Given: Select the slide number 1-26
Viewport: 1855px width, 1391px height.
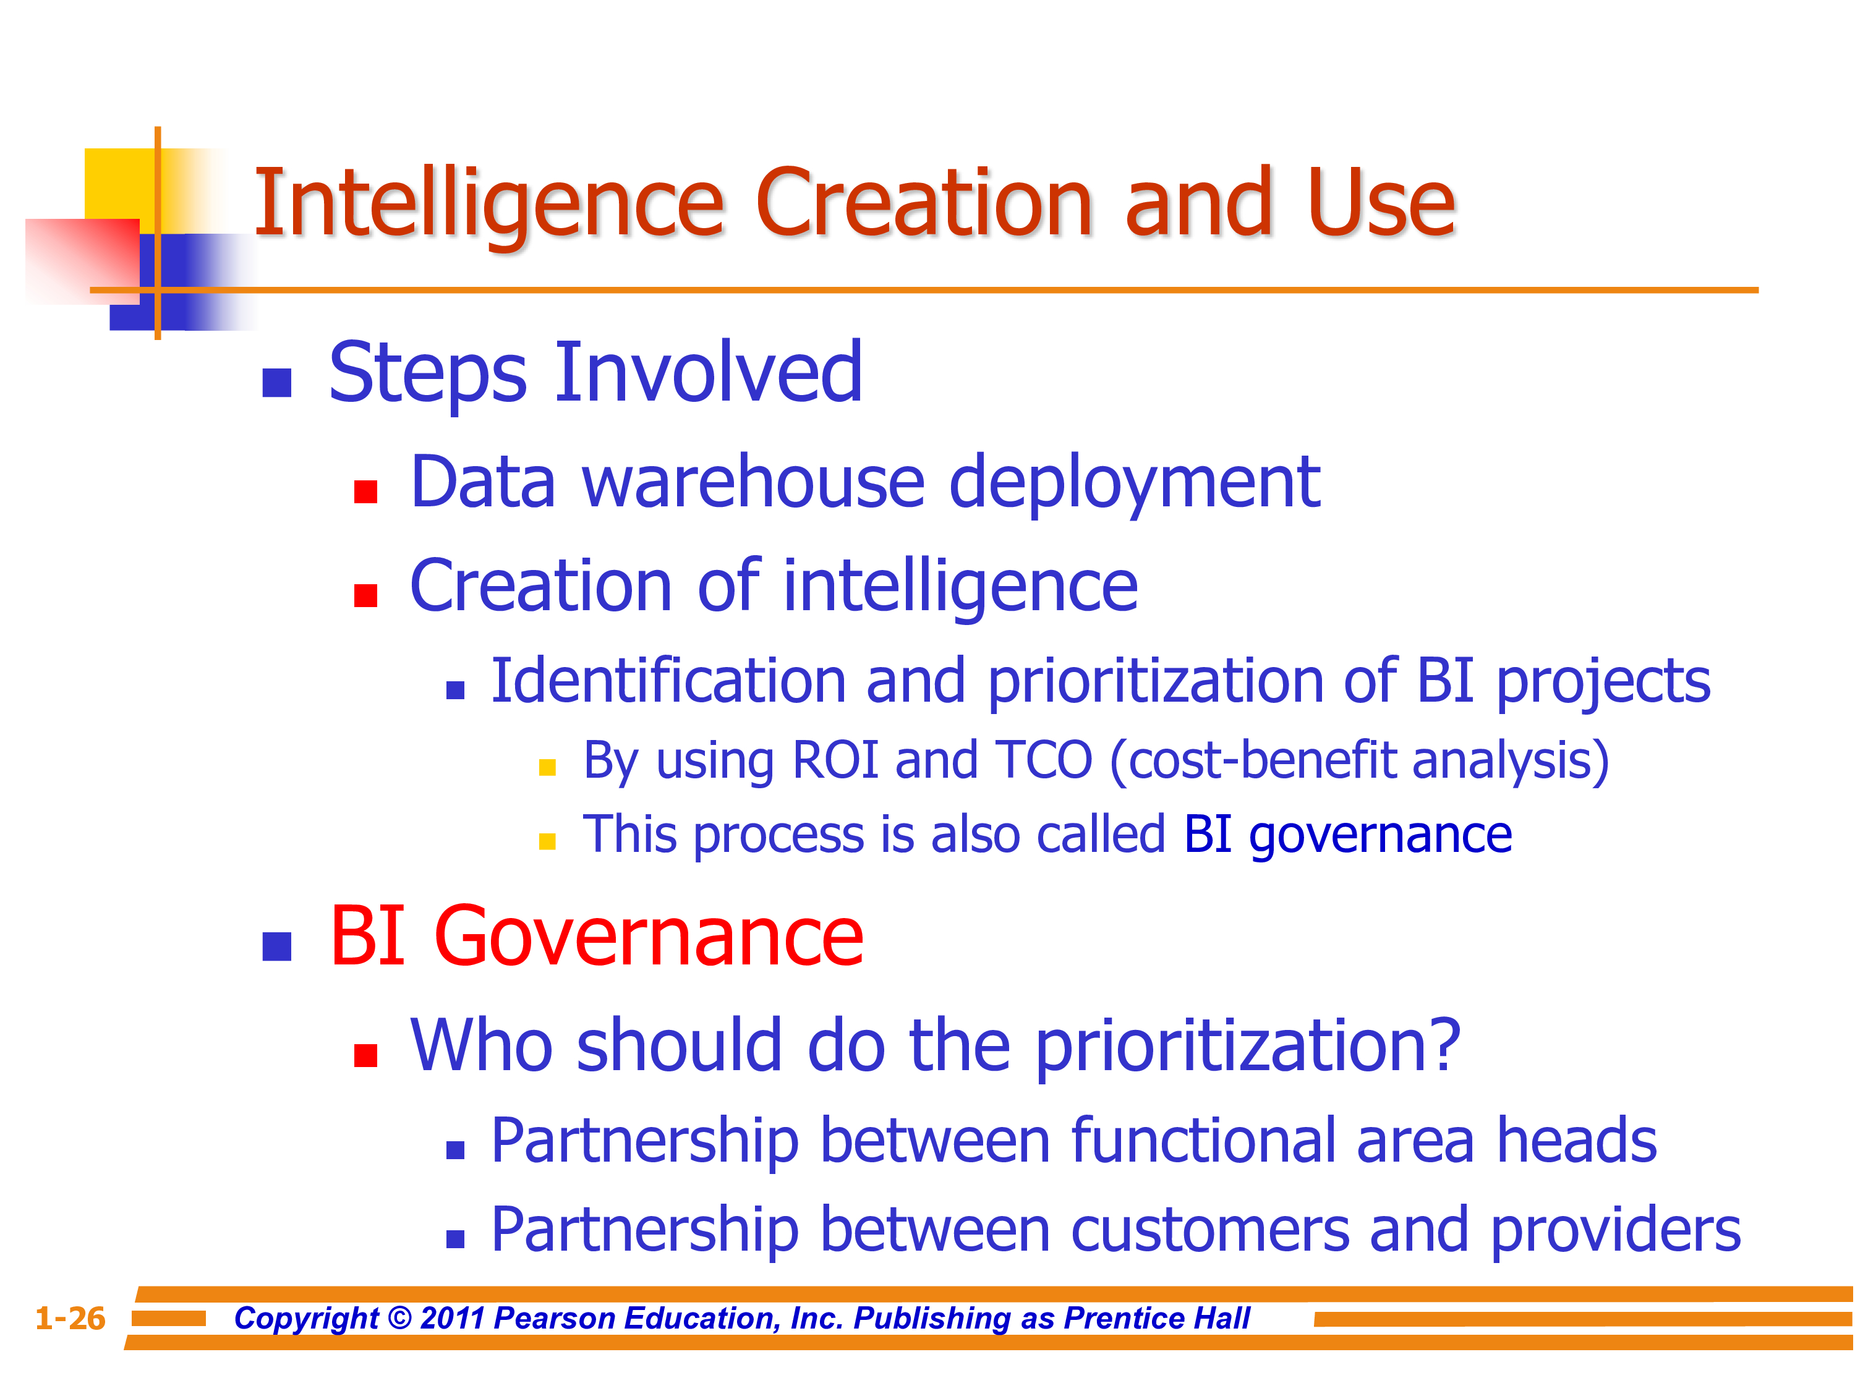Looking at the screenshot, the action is pyautogui.click(x=70, y=1318).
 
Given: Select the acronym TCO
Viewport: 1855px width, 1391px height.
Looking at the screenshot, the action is pyautogui.click(x=1044, y=760).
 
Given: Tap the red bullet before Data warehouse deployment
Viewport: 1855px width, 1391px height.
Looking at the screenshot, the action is pyautogui.click(x=365, y=491).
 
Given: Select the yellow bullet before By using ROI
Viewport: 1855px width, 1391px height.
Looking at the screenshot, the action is pyautogui.click(x=548, y=767).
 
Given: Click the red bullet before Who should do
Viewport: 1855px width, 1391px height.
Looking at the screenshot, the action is pyautogui.click(x=365, y=1055).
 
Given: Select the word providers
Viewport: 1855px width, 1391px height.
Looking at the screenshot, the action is pyautogui.click(x=1616, y=1231).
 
